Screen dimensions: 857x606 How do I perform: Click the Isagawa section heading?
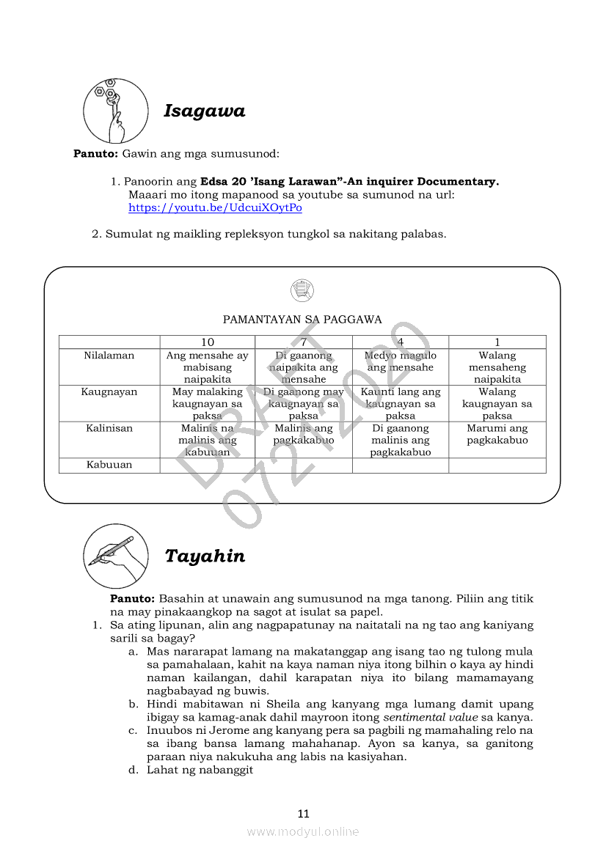(204, 111)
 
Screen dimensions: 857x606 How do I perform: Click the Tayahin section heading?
(205, 556)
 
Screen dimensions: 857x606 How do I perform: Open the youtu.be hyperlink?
(215, 207)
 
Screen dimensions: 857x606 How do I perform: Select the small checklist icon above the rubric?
(302, 290)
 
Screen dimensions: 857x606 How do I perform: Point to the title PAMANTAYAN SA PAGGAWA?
(302, 320)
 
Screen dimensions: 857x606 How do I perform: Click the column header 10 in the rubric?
(208, 342)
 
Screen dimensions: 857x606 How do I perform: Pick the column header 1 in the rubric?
(497, 342)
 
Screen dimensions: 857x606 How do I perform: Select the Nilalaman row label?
(109, 356)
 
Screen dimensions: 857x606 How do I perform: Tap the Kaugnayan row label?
(109, 392)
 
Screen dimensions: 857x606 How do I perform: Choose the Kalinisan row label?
(109, 428)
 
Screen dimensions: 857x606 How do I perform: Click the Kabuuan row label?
(109, 465)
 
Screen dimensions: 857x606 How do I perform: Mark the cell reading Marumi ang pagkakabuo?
(497, 434)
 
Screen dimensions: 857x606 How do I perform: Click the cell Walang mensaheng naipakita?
(497, 367)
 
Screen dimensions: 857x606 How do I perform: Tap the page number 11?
(304, 813)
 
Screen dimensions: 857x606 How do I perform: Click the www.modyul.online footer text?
(303, 831)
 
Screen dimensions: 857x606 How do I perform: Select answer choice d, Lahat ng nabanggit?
(200, 770)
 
